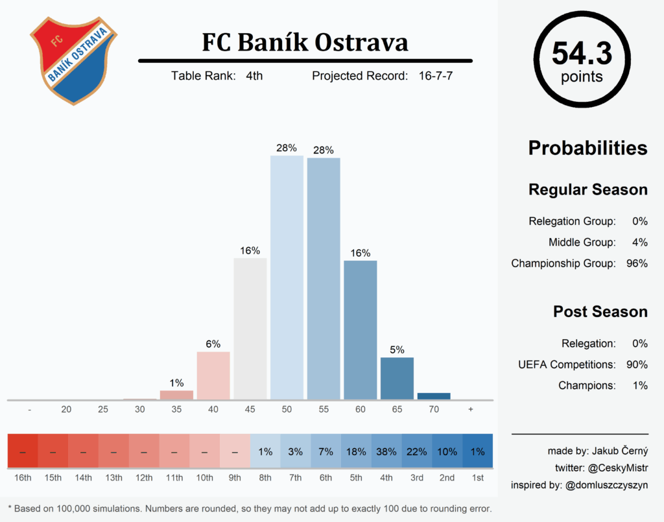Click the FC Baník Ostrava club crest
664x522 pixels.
coord(73,60)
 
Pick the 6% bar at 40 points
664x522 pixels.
coord(213,375)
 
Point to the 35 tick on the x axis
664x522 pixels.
coord(176,410)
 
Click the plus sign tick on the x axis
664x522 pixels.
coord(470,410)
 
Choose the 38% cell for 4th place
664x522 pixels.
coord(386,452)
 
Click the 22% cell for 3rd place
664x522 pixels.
coord(417,452)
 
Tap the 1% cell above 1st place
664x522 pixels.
coord(477,452)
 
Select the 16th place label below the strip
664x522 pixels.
coord(23,478)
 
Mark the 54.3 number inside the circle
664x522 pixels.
coord(582,54)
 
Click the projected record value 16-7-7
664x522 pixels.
coord(435,76)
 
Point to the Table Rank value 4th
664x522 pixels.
coord(254,76)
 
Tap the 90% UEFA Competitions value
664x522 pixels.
coord(637,364)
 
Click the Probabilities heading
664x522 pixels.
coord(587,148)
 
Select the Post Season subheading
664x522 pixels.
coord(600,311)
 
